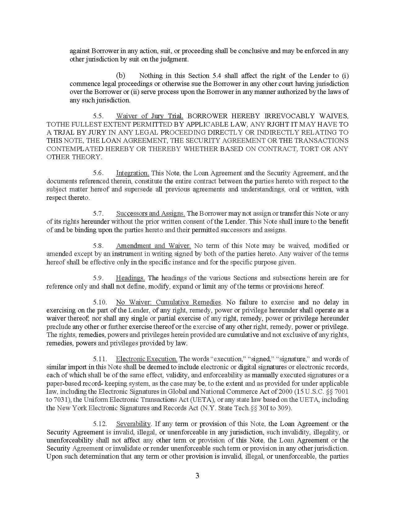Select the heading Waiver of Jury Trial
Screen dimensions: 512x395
coord(150,116)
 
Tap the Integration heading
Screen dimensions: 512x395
coord(133,173)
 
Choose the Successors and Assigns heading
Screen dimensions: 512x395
coord(151,213)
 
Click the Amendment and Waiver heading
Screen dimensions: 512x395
coord(153,246)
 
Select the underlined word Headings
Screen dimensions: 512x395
coord(130,278)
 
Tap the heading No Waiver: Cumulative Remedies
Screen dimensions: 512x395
coord(169,302)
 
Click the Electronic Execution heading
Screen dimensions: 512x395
coord(147,359)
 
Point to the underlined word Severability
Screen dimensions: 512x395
coord(133,424)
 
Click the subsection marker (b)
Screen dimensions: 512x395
coord(121,76)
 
